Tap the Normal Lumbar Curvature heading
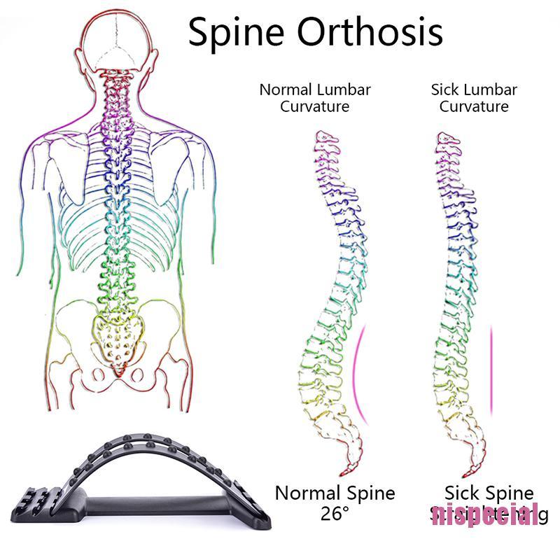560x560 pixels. tap(315, 98)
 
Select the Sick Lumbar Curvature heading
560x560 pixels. tap(474, 98)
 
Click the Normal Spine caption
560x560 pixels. tap(335, 493)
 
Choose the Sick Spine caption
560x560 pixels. tap(489, 493)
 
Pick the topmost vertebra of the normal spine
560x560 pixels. tap(323, 137)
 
